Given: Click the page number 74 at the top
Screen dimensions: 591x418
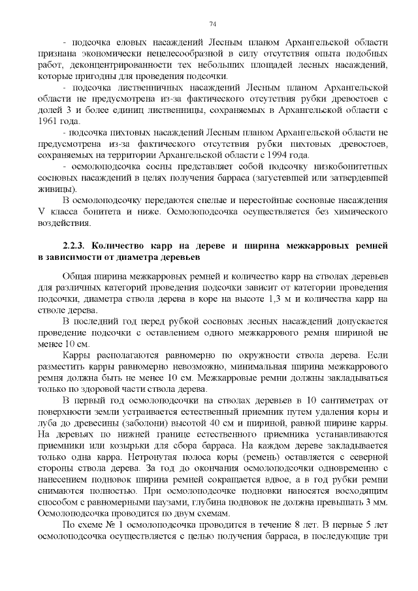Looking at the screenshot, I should point(213,24).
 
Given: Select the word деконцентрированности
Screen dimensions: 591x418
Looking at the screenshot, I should point(135,65).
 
